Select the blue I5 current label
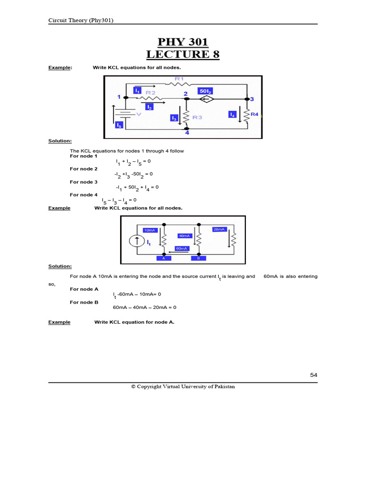119,125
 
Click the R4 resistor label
254,115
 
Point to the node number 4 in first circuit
187,133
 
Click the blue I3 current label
174,117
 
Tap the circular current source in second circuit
138,241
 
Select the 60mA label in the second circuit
182,248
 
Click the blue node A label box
164,258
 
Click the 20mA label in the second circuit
219,229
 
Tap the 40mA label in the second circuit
185,236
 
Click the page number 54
314,375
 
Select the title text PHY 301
183,42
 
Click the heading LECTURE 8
183,54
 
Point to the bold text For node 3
83,182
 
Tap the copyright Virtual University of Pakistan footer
183,386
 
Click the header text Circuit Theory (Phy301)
81,20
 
